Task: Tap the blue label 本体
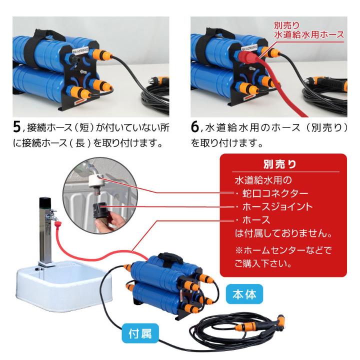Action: click(x=244, y=294)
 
